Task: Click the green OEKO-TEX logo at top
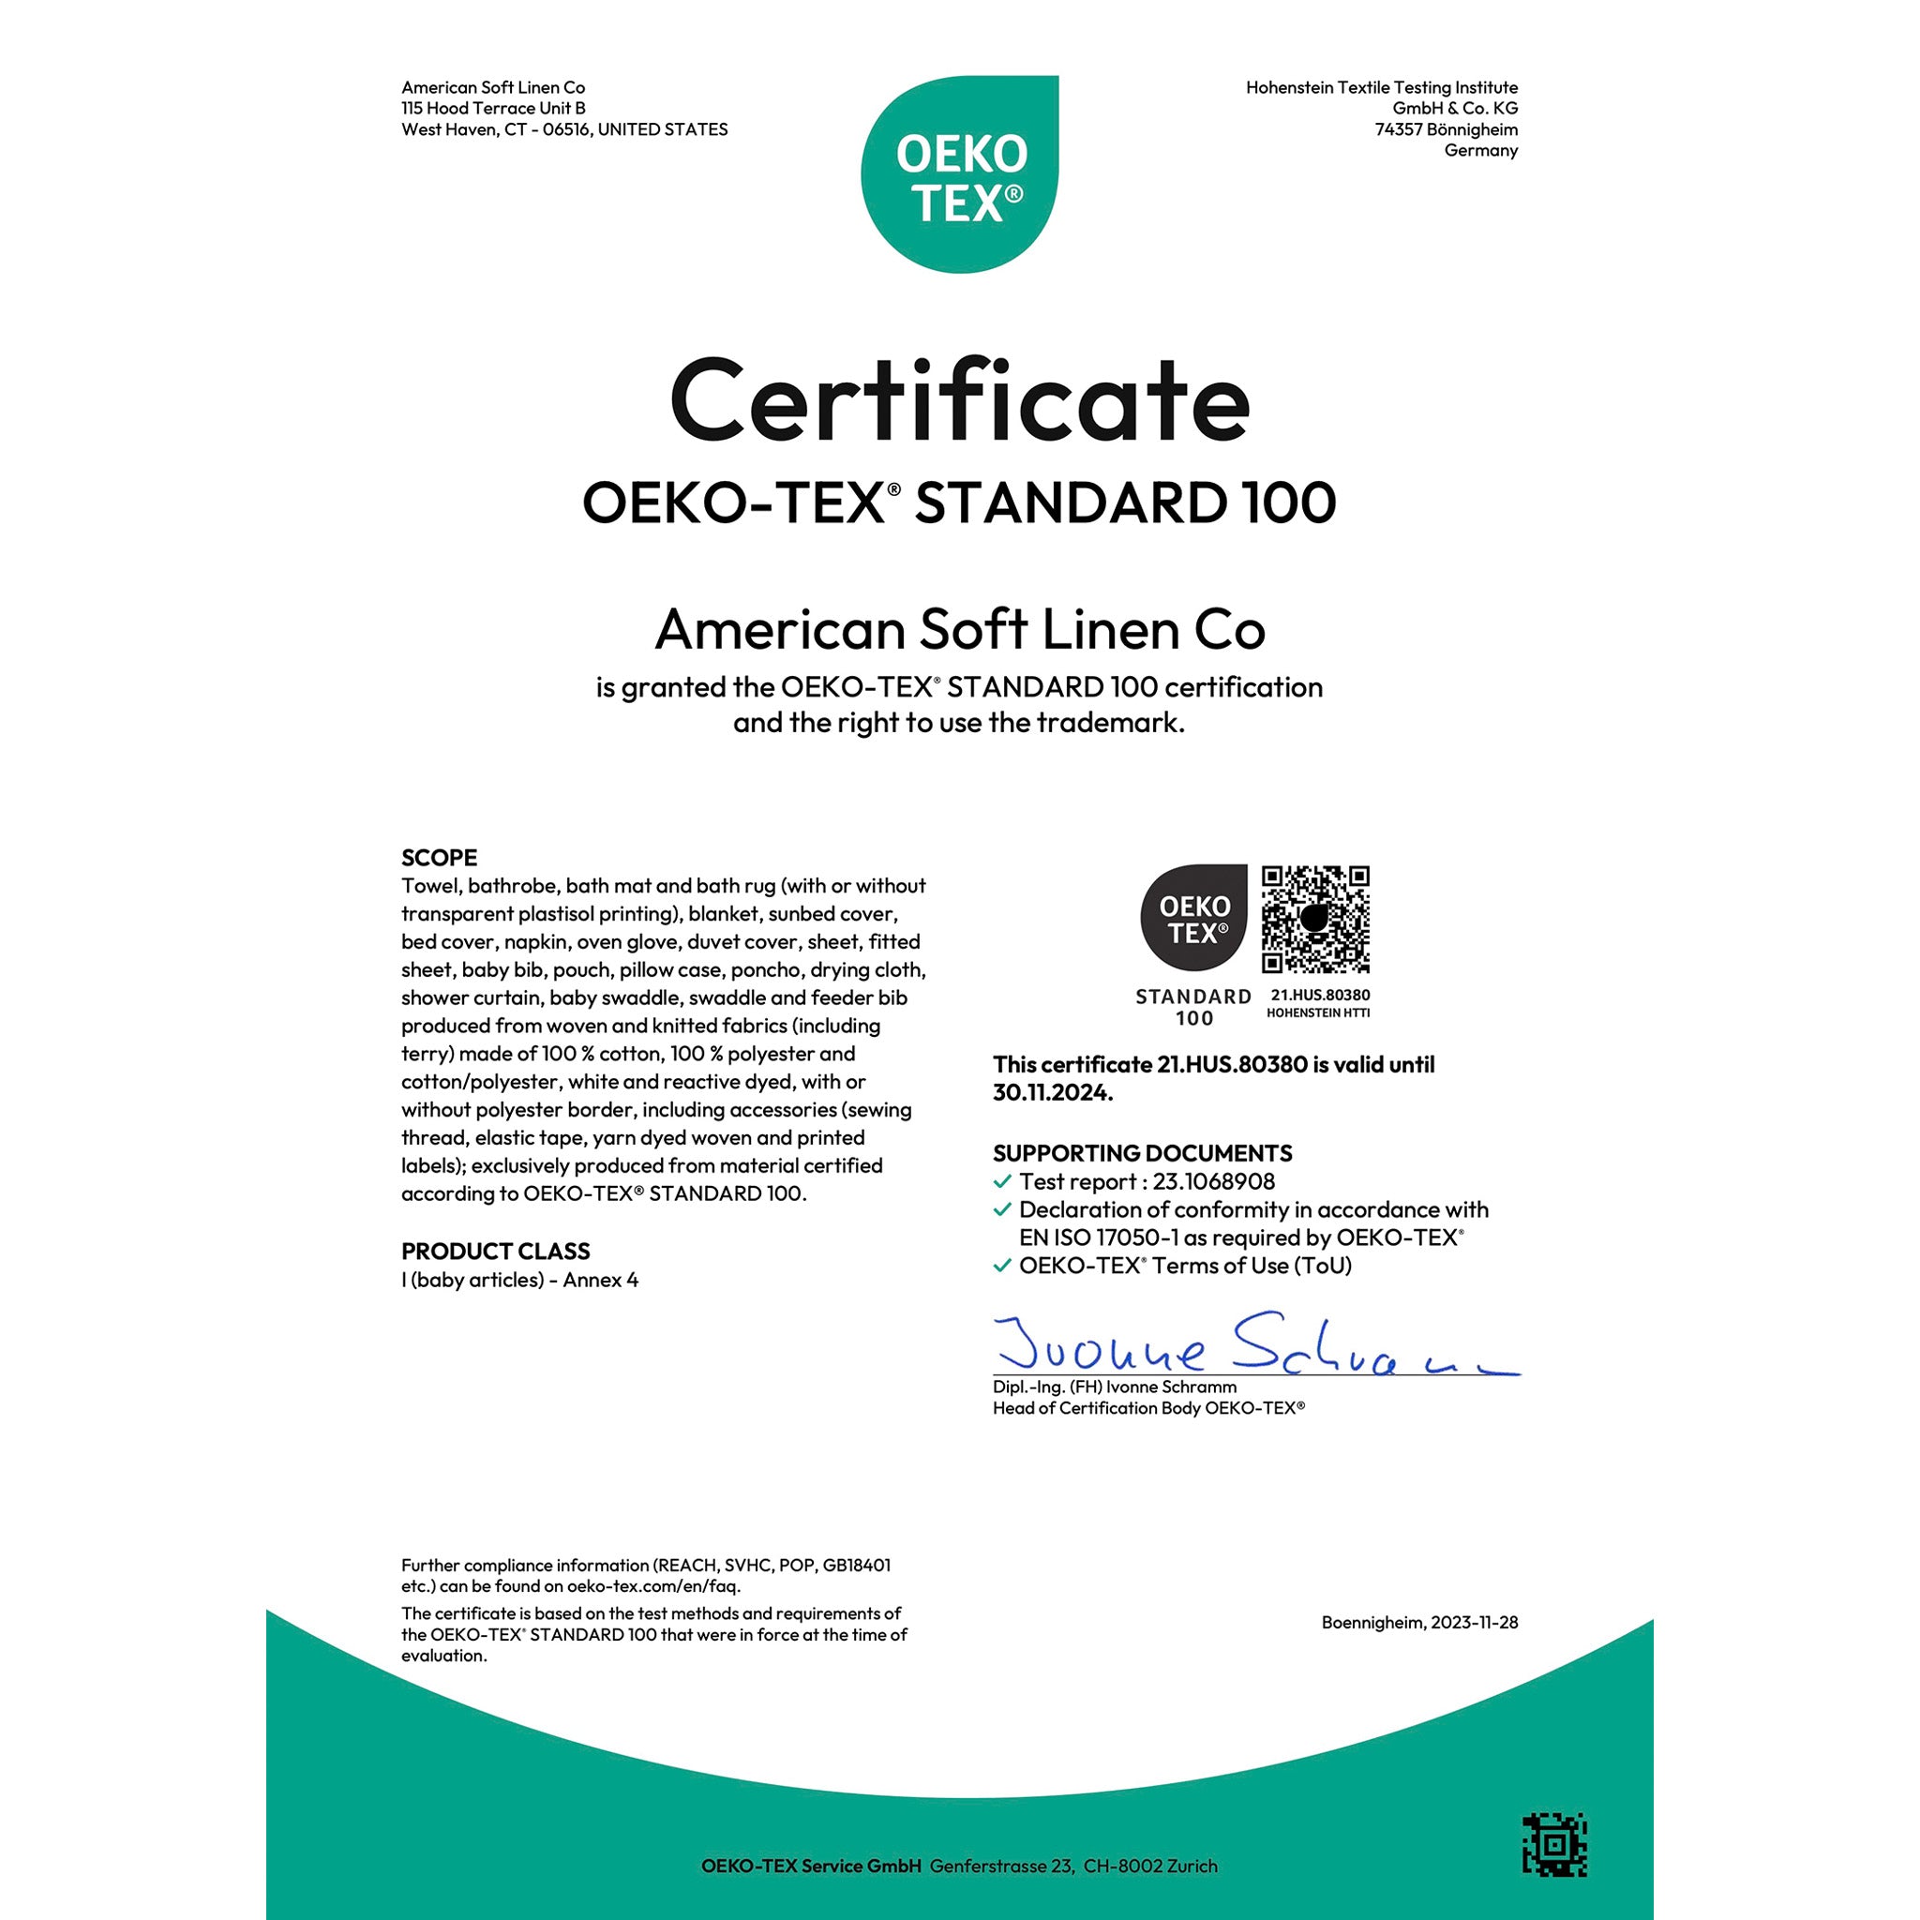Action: click(x=960, y=174)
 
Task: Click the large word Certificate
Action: click(x=960, y=401)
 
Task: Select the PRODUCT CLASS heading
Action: click(x=495, y=1252)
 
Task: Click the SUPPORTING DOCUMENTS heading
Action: click(x=1142, y=1153)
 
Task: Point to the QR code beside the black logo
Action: click(x=1314, y=920)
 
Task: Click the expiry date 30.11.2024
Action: click(x=1052, y=1093)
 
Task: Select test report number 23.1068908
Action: click(x=1213, y=1181)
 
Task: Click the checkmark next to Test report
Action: click(x=1003, y=1181)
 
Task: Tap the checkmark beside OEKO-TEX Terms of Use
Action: click(x=1003, y=1266)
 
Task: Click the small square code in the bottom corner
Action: click(x=1554, y=1845)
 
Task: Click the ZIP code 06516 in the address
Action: click(x=565, y=130)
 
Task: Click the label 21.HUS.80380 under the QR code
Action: click(x=1320, y=995)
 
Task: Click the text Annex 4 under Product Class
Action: click(x=600, y=1280)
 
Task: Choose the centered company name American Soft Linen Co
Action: click(x=960, y=630)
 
